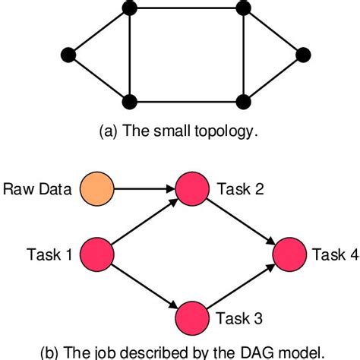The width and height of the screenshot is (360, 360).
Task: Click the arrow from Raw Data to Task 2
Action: coord(144,187)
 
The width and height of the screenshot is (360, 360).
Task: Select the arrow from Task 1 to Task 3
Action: coord(144,285)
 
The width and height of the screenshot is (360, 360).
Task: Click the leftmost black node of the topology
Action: coord(69,54)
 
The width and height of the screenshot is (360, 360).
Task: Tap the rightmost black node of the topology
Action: coord(304,54)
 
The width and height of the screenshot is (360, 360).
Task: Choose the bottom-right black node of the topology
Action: coord(243,100)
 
